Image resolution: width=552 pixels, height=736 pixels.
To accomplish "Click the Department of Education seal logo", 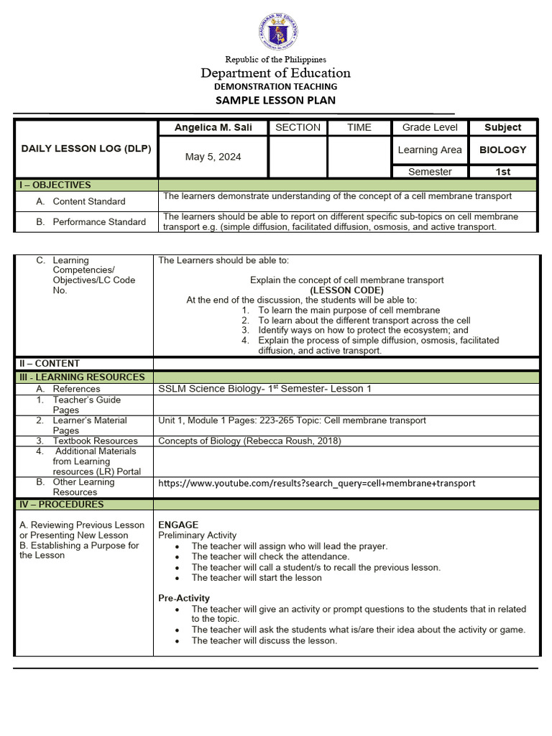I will pos(277,32).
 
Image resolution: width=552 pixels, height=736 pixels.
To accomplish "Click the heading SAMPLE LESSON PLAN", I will pos(276,100).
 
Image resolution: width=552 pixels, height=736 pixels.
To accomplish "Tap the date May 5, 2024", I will pos(213,157).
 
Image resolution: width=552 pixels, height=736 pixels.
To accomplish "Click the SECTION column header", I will pos(298,127).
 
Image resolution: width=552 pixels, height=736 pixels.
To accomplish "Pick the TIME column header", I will pos(359,127).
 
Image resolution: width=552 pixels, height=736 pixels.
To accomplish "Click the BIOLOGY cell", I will pos(502,149).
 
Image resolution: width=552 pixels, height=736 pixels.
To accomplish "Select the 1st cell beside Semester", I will pos(502,172).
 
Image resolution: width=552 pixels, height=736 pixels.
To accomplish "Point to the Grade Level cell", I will pos(430,127).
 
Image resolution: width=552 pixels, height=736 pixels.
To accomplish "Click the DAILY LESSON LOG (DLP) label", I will pos(86,149).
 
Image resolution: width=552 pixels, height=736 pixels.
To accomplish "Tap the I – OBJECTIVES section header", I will pos(55,185).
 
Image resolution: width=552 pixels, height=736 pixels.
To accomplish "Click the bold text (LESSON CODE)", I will pos(346,290).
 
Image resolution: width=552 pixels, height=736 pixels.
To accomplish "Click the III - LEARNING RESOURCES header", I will pos(82,377).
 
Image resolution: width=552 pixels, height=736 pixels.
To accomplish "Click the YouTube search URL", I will pos(316,483).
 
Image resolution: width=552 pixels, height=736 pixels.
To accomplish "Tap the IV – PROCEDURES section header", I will pos(62,504).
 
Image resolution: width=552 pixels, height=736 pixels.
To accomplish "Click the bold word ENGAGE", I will pos(178,525).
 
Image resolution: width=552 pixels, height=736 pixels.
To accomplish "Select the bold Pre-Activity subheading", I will pos(184,598).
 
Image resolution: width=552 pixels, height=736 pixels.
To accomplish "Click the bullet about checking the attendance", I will pos(270,556).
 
